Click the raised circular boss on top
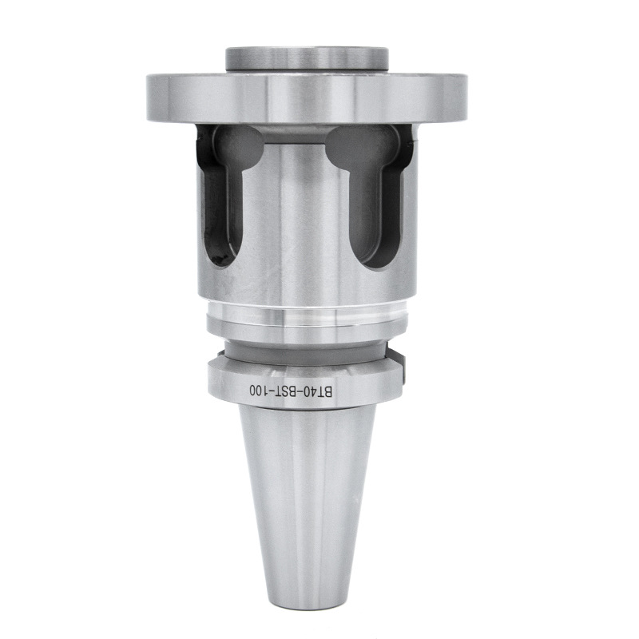(307, 58)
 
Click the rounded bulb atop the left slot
(236, 148)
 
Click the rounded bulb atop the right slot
(362, 148)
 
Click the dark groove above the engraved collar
(307, 350)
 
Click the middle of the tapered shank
(307, 495)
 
